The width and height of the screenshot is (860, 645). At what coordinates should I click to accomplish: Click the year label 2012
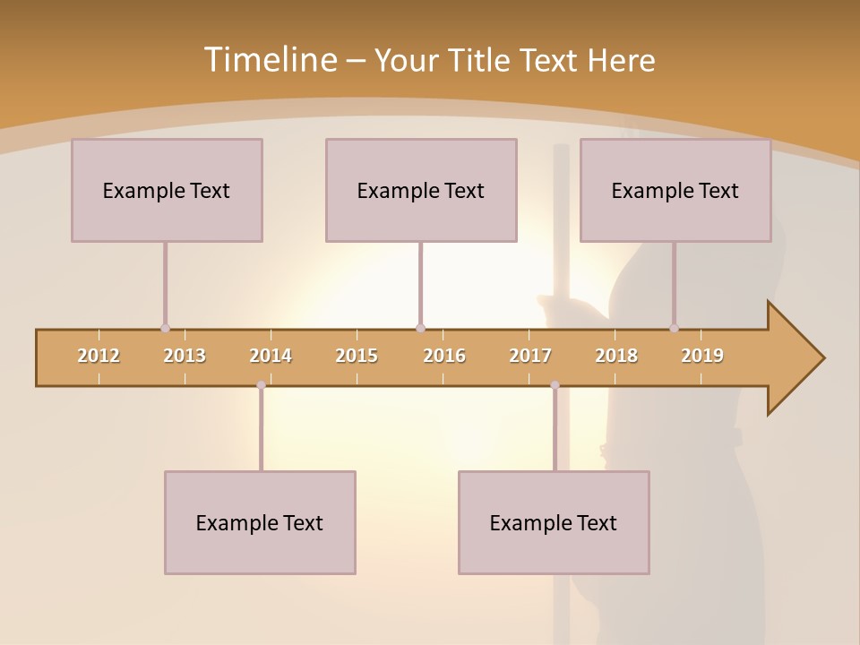tap(99, 356)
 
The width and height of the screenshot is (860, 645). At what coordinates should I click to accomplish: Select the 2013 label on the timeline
tap(185, 356)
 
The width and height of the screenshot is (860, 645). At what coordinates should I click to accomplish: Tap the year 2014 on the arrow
tap(271, 356)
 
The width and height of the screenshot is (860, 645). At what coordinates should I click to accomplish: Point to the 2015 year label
tap(357, 356)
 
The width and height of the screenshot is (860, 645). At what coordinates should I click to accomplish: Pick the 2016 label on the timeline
tap(444, 356)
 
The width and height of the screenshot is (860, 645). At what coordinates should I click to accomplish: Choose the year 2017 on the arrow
tap(530, 356)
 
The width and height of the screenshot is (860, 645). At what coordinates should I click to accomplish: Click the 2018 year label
tap(616, 356)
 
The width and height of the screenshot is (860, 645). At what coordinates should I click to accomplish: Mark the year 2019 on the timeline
tap(702, 356)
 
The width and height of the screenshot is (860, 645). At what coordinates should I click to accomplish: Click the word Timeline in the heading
tap(270, 60)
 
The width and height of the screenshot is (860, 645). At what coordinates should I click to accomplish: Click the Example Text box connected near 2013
tap(167, 190)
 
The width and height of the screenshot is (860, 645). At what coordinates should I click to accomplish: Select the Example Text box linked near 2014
tap(260, 522)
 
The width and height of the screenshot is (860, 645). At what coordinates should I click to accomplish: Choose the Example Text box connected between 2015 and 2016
tap(421, 190)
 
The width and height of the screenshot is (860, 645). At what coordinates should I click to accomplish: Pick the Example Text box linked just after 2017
tap(554, 522)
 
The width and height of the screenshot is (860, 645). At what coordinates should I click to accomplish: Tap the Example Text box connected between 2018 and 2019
tap(675, 190)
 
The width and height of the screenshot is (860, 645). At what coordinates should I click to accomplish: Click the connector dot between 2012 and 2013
tap(165, 329)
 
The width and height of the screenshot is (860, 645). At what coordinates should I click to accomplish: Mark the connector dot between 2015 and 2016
tap(420, 329)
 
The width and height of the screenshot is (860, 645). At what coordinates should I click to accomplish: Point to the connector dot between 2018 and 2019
tap(675, 329)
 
